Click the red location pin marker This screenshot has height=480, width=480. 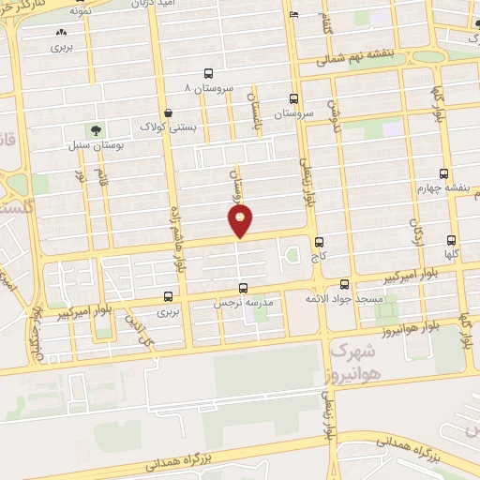pyautogui.click(x=241, y=222)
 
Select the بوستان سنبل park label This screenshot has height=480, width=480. pyautogui.click(x=90, y=146)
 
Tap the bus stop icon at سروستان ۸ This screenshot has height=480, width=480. pyautogui.click(x=207, y=73)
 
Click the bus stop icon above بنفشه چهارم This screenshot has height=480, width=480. pyautogui.click(x=443, y=173)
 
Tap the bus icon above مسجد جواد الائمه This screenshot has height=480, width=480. pyautogui.click(x=345, y=283)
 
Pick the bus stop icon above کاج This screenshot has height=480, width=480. pyautogui.click(x=320, y=241)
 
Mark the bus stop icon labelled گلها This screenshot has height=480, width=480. pyautogui.click(x=453, y=240)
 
